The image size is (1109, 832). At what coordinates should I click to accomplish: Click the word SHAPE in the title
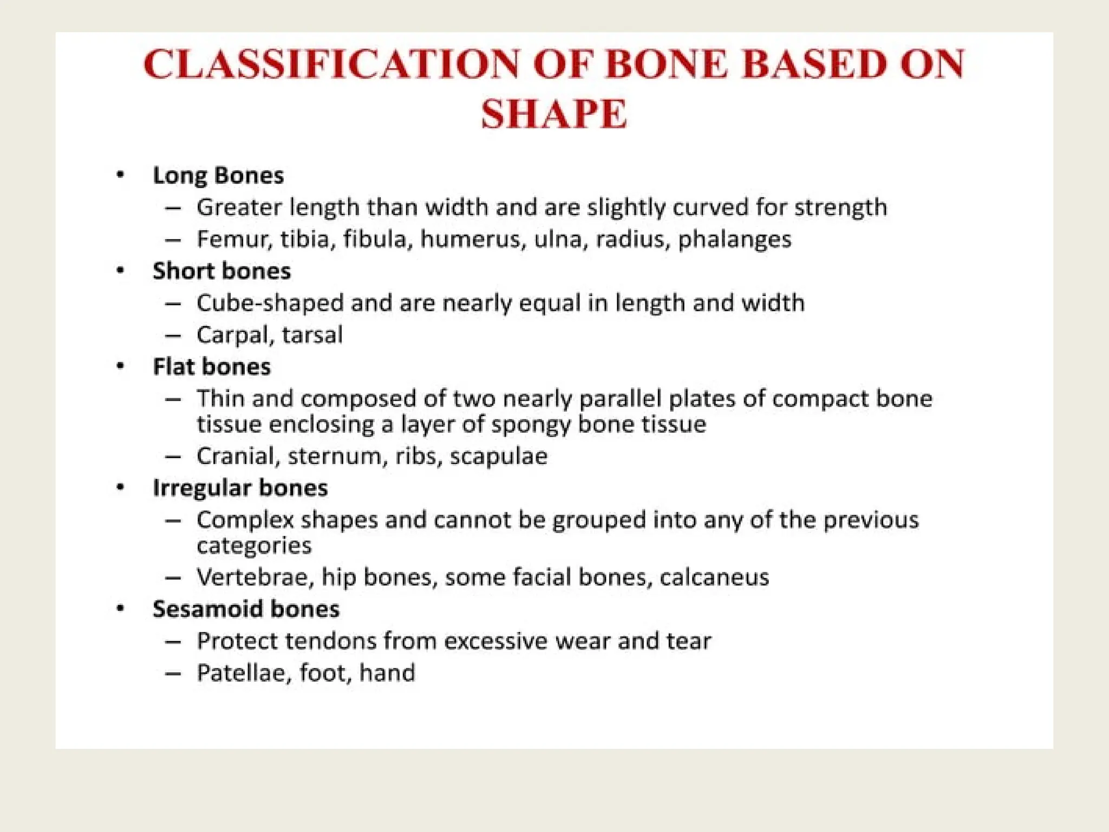pos(554,114)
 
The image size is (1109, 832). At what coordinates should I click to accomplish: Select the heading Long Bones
pos(218,175)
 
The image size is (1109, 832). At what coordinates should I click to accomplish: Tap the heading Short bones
pos(221,271)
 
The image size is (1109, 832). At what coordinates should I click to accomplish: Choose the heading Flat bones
pos(212,367)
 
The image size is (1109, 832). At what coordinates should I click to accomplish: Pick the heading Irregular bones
pos(240,488)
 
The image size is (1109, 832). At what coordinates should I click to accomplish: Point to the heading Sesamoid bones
pos(246,609)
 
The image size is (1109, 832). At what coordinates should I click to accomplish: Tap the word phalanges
pos(734,239)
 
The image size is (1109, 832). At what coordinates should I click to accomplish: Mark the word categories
pos(254,545)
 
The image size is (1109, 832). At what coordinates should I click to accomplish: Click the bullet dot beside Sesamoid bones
pos(120,609)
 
